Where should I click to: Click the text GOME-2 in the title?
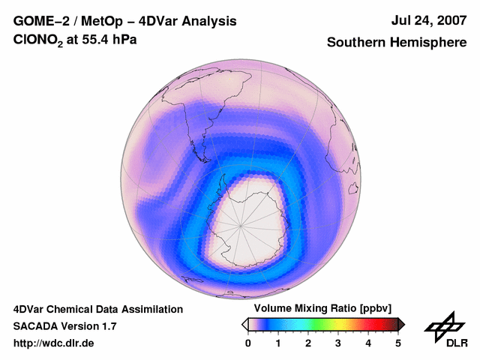[40, 21]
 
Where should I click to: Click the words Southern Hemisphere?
[397, 43]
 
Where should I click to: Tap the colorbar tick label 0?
[248, 343]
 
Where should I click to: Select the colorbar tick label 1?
[278, 343]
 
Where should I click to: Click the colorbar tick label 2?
[308, 343]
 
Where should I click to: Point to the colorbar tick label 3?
[338, 343]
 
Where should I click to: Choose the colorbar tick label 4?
[368, 343]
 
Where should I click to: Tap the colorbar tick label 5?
[398, 343]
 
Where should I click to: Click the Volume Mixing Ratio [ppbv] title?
[323, 308]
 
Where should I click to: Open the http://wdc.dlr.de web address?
[54, 343]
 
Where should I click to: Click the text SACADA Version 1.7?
[64, 326]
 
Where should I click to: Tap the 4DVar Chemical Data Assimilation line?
[98, 309]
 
